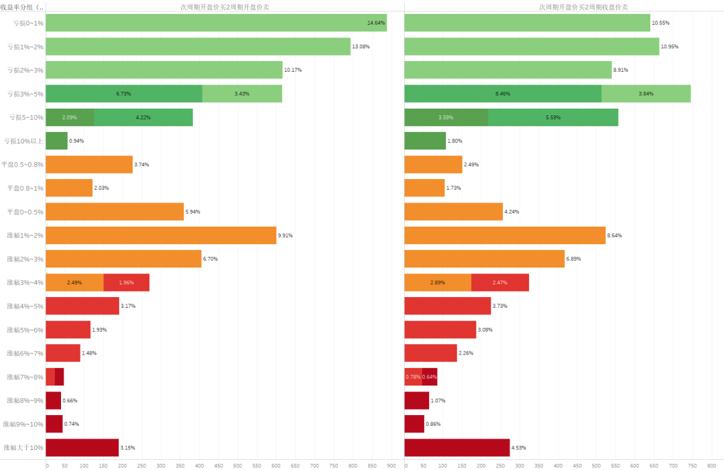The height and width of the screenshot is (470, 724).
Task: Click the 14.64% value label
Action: point(375,23)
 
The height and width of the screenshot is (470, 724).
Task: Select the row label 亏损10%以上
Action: point(24,141)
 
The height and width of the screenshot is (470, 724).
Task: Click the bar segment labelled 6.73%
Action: point(123,94)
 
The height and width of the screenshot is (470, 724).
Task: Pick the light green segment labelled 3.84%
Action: point(646,94)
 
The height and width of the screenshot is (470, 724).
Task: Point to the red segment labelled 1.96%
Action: point(126,282)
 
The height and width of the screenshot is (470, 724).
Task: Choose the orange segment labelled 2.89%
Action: point(438,282)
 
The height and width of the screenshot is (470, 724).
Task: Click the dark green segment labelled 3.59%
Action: point(446,117)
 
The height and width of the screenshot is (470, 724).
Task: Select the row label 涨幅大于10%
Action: point(23,447)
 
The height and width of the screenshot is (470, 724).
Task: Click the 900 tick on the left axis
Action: point(391,465)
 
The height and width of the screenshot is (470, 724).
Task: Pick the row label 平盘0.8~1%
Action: point(25,188)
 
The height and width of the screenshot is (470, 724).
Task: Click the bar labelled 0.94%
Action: point(56,141)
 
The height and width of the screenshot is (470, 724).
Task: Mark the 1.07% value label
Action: point(438,400)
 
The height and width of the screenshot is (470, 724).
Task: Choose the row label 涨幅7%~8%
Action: point(25,377)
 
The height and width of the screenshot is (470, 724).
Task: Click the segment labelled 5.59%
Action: point(553,117)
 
